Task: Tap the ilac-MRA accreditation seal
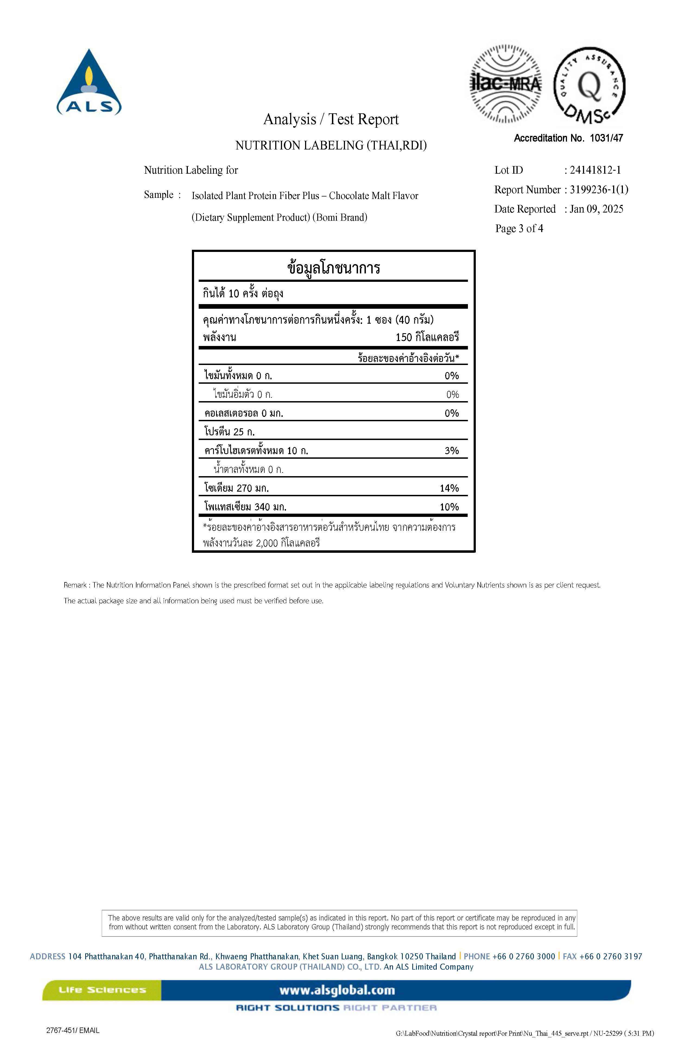pos(505,84)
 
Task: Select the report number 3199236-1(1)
pos(599,189)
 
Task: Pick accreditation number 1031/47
pos(606,138)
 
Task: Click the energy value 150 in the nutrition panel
pos(404,338)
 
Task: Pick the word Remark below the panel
pos(75,585)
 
